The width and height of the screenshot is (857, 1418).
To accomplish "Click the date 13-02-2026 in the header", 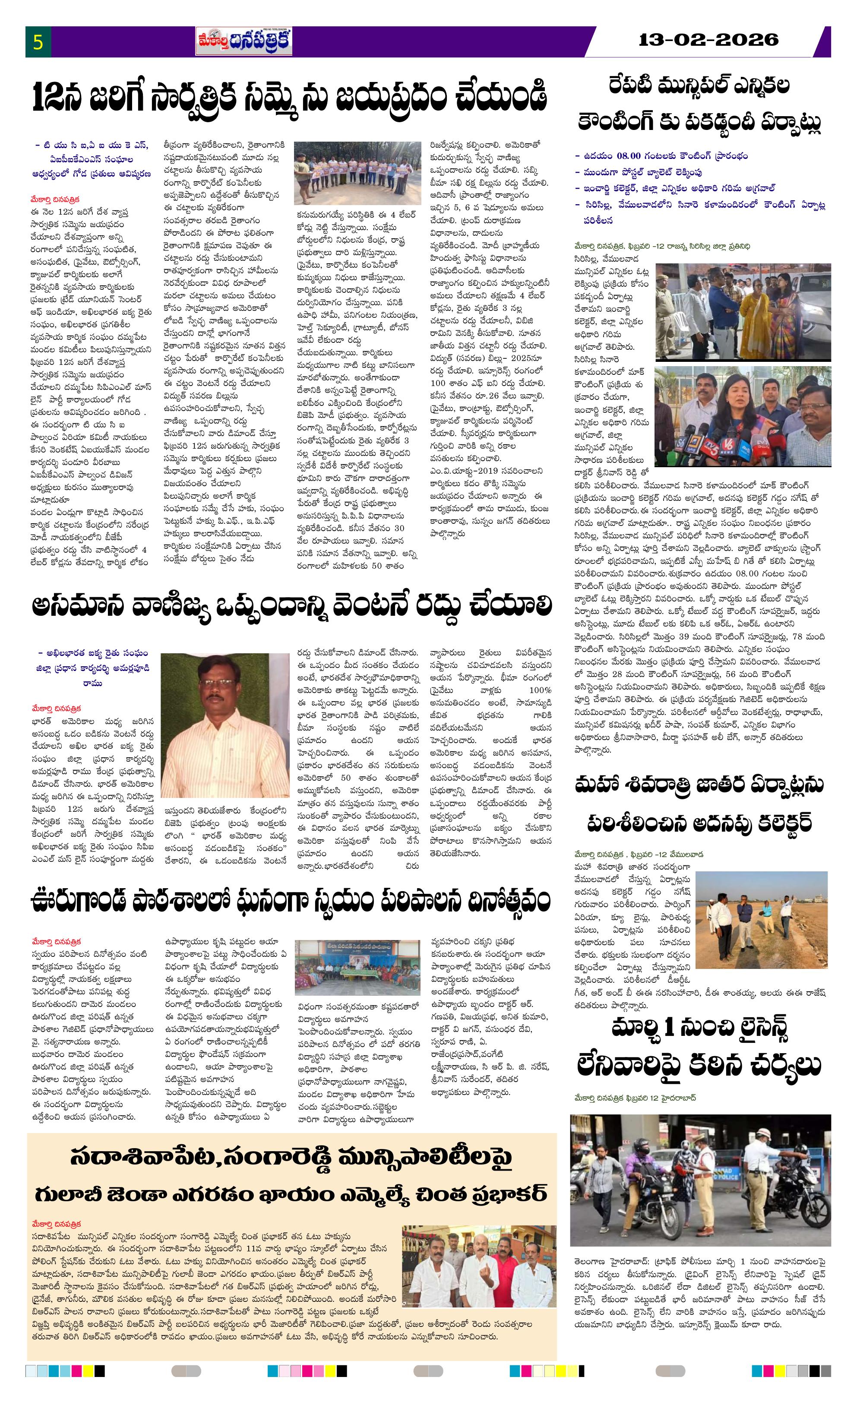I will pyautogui.click(x=708, y=40).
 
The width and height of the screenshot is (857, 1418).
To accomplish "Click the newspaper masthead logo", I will pyautogui.click(x=244, y=42).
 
